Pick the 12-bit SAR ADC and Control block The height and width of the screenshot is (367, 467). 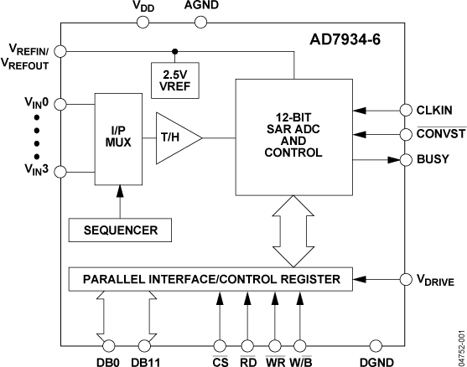(295, 135)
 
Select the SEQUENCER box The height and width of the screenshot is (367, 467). (120, 228)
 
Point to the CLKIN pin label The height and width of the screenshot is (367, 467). (436, 109)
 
